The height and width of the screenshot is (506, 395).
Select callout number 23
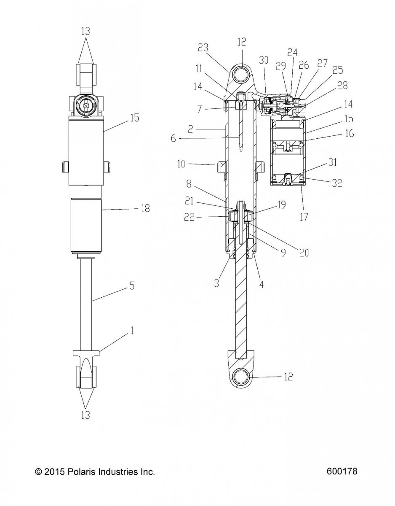pos(203,48)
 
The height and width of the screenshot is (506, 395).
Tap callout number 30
pos(264,60)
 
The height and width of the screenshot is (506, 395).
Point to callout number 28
pos(342,86)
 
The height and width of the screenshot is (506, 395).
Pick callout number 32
pos(337,183)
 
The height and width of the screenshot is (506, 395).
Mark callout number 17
pos(304,217)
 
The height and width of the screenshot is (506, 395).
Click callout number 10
pos(181,164)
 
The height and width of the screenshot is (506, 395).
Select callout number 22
pos(189,217)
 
